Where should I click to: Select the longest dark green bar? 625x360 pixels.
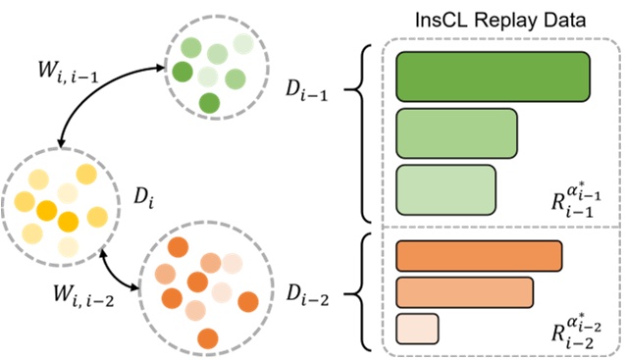(493, 76)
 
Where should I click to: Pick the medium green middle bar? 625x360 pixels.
(456, 131)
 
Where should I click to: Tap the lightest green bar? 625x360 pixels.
(445, 188)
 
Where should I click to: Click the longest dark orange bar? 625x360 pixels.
(479, 254)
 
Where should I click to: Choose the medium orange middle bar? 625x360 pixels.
(464, 291)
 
